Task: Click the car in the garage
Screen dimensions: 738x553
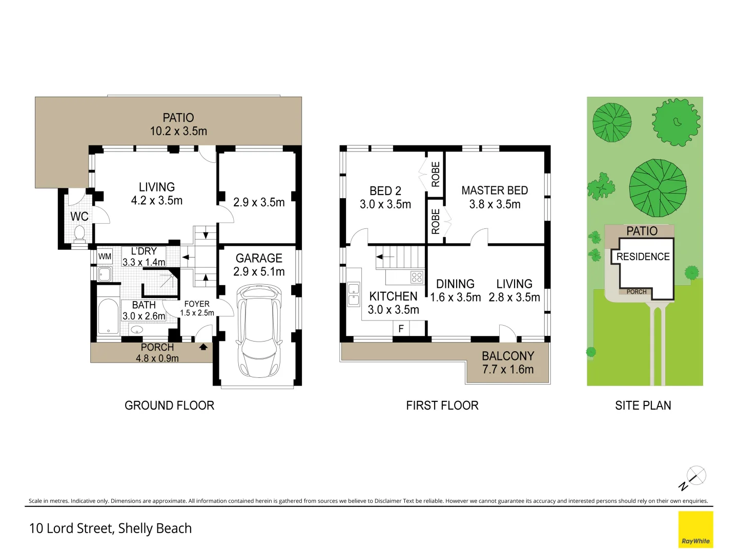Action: (259, 331)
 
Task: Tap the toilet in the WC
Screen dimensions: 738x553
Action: (79, 232)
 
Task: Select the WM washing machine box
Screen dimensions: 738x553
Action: (105, 257)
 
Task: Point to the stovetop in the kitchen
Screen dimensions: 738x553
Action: (417, 278)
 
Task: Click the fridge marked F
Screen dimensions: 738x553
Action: (401, 328)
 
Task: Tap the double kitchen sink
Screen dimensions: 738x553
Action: (354, 294)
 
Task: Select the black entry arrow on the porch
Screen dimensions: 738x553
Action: (203, 347)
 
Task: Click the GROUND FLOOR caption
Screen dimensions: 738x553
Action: (170, 406)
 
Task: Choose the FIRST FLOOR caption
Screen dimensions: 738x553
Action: (442, 406)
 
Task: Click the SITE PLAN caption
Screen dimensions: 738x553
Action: (643, 406)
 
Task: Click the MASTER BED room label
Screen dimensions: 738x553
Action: (495, 190)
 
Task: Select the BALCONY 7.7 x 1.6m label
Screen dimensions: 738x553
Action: (508, 363)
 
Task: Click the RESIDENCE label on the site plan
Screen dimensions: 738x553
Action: (643, 257)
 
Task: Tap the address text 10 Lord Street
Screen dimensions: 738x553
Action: (72, 528)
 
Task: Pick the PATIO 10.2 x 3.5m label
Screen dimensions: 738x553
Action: (178, 124)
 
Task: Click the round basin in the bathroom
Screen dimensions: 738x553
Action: (137, 329)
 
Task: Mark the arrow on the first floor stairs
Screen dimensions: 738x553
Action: (385, 257)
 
